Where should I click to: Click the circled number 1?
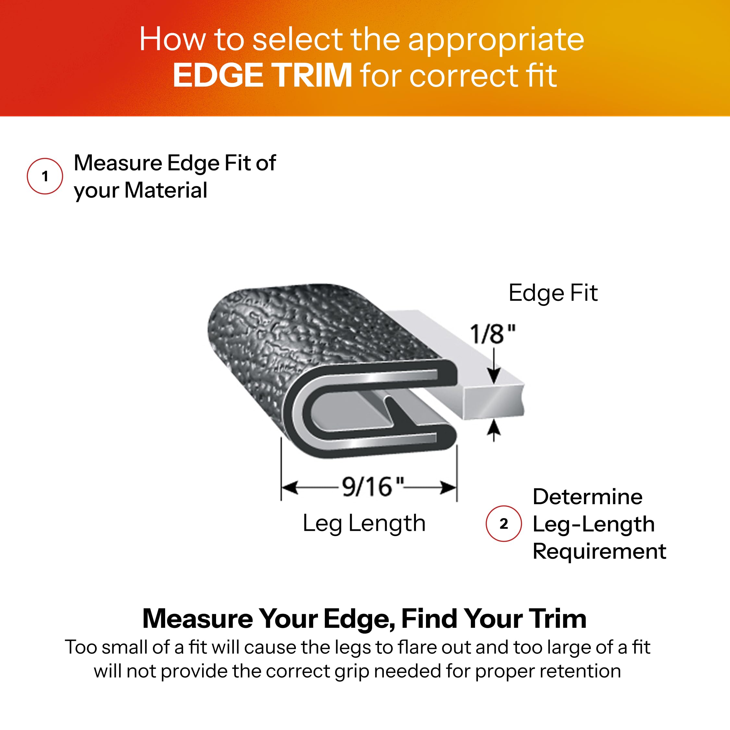tap(45, 176)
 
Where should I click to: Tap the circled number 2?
tap(504, 524)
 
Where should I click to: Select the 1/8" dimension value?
tap(492, 335)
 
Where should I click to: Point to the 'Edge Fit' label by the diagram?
tap(553, 293)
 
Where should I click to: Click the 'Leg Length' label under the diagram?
tap(364, 524)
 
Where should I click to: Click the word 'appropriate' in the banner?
tap(496, 40)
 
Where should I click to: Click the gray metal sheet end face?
tap(493, 403)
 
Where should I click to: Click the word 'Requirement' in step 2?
tap(599, 552)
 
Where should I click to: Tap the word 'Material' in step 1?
tap(166, 190)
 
